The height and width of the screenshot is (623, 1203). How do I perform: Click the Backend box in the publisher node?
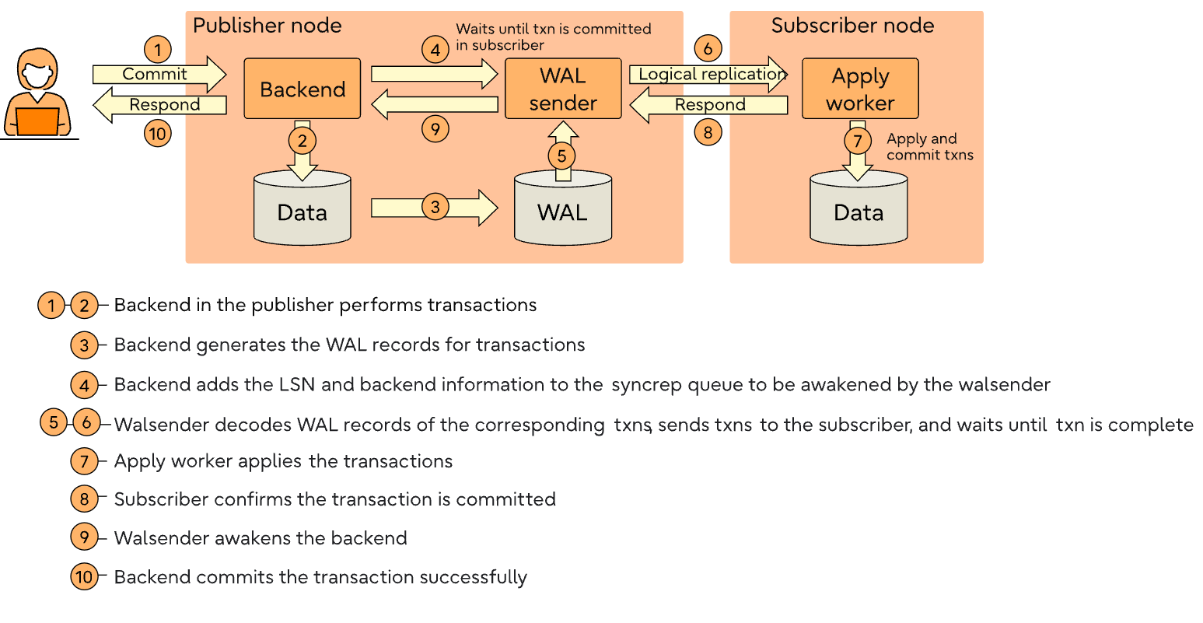pos(302,89)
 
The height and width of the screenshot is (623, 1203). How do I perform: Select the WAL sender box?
pos(563,89)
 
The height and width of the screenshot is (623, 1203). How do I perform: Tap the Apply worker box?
pos(860,89)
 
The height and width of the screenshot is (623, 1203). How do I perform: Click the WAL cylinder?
pos(563,208)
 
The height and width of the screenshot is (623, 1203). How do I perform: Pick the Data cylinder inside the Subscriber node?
pos(859,210)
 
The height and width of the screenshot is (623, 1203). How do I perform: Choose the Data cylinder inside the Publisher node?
pos(302,210)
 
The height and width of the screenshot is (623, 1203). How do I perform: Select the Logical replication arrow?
pos(708,75)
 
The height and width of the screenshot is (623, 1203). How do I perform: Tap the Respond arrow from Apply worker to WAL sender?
pos(708,105)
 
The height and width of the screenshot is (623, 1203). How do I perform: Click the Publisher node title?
pos(268,26)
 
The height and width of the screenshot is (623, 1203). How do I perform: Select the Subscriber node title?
pos(852,26)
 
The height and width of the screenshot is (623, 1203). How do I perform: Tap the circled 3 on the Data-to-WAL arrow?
pos(435,207)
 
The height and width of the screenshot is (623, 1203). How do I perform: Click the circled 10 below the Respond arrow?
pos(158,134)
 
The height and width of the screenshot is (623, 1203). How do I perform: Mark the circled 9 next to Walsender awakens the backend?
pos(84,537)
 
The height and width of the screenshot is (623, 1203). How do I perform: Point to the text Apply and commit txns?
pos(929,146)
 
